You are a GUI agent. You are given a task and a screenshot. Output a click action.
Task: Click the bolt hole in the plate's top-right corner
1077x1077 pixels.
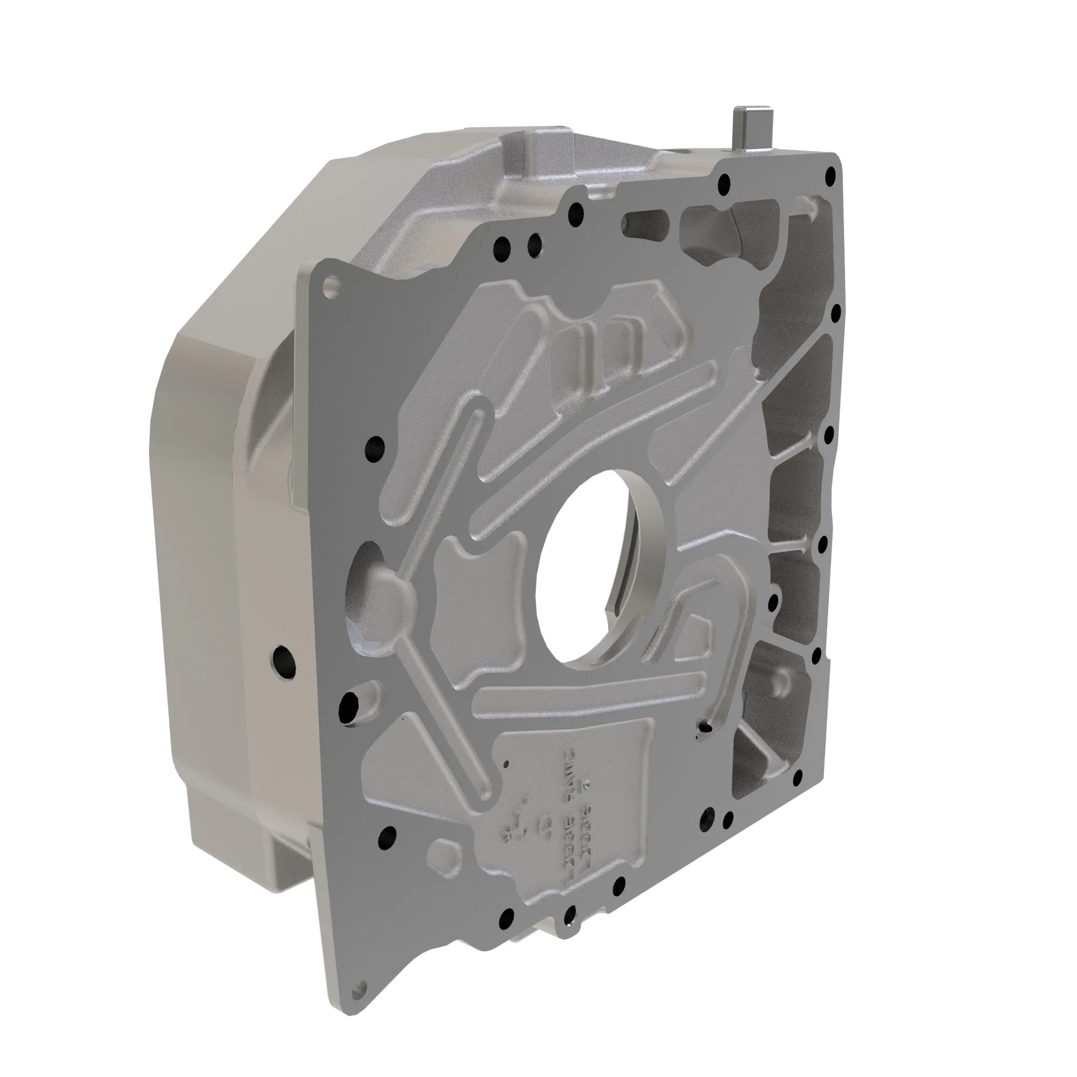pos(831,173)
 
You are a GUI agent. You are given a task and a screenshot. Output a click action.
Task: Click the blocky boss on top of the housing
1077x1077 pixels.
pos(533,153)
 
